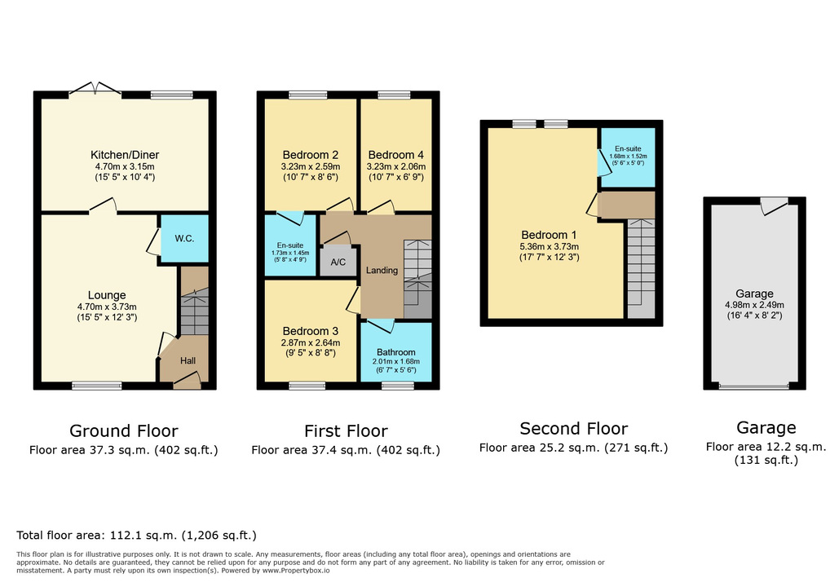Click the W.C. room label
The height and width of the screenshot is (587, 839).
click(184, 239)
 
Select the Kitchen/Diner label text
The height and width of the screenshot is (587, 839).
click(125, 155)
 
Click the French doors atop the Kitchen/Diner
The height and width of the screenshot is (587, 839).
click(96, 89)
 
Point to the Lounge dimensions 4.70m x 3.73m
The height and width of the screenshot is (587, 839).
click(107, 307)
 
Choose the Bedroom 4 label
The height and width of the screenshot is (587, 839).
click(396, 155)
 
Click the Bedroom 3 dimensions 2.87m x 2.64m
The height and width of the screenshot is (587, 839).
click(310, 342)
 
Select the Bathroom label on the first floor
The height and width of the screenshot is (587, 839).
click(396, 352)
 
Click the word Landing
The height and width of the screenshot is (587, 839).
click(382, 271)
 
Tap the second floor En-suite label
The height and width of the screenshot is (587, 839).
click(628, 149)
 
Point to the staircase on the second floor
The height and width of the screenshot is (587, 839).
click(640, 265)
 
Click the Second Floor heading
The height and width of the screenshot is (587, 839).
click(573, 428)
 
